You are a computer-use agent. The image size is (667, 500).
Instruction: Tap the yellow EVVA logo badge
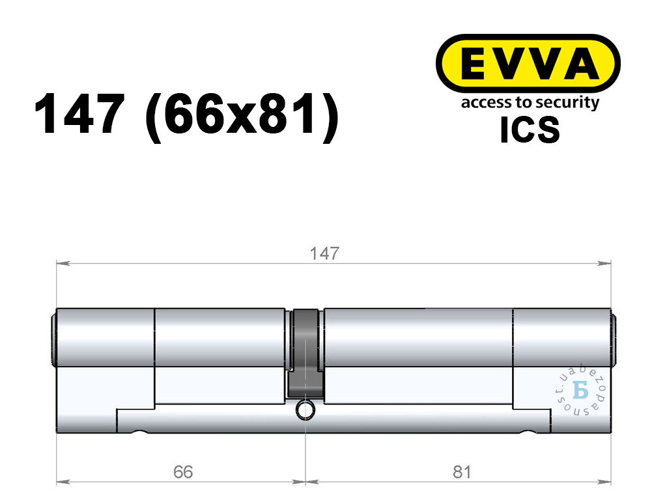pyautogui.click(x=528, y=64)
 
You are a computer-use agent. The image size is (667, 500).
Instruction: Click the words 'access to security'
pyautogui.click(x=530, y=104)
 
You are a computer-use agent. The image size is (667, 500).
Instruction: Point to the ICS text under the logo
pyautogui.click(x=530, y=130)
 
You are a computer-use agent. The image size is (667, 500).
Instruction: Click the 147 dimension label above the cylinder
pyautogui.click(x=324, y=254)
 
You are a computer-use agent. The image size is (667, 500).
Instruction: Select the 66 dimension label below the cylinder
pyautogui.click(x=183, y=472)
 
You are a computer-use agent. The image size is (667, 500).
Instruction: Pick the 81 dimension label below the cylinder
pyautogui.click(x=462, y=472)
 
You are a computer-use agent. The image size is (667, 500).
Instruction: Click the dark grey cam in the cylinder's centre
pyautogui.click(x=305, y=353)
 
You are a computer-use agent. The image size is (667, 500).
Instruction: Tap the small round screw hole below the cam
pyautogui.click(x=305, y=410)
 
